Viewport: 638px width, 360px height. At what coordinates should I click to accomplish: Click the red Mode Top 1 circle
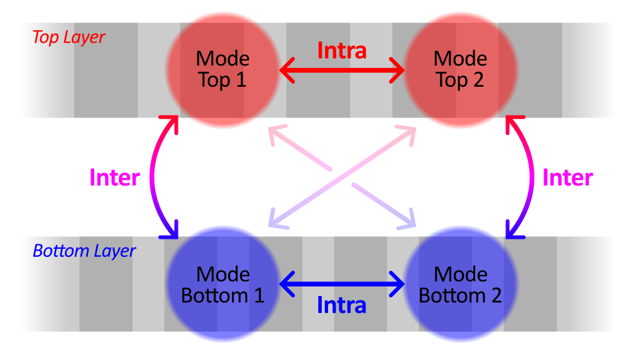pyautogui.click(x=223, y=70)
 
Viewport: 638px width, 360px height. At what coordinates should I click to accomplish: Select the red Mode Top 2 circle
pyautogui.click(x=460, y=70)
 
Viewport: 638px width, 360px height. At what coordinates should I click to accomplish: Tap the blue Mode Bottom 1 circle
pyautogui.click(x=223, y=285)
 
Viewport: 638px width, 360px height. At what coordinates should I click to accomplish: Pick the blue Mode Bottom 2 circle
pyautogui.click(x=460, y=285)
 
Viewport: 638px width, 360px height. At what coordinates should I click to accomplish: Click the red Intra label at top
pyautogui.click(x=341, y=51)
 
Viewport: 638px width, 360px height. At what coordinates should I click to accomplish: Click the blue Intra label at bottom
pyautogui.click(x=341, y=306)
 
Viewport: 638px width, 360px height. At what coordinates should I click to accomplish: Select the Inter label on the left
pyautogui.click(x=114, y=178)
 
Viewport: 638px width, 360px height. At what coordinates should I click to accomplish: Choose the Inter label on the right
pyautogui.click(x=568, y=178)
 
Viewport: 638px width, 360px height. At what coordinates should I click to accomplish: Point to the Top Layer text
pyautogui.click(x=69, y=38)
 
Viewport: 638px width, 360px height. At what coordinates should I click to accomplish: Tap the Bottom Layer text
pyautogui.click(x=84, y=251)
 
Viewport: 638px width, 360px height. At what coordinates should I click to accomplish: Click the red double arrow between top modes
pyautogui.click(x=341, y=70)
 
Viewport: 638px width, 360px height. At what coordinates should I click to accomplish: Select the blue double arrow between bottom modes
pyautogui.click(x=341, y=285)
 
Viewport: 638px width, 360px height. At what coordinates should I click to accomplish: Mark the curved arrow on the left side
pyautogui.click(x=154, y=178)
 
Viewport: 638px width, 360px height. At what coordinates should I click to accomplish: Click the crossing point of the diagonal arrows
pyautogui.click(x=342, y=177)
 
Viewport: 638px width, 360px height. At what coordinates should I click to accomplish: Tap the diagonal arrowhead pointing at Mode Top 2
pyautogui.click(x=409, y=132)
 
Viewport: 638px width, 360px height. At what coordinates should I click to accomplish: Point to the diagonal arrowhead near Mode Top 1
pyautogui.click(x=275, y=133)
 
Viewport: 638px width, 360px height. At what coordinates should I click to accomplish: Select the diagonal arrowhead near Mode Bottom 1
pyautogui.click(x=275, y=220)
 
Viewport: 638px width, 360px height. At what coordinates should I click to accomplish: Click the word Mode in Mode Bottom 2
pyautogui.click(x=461, y=275)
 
